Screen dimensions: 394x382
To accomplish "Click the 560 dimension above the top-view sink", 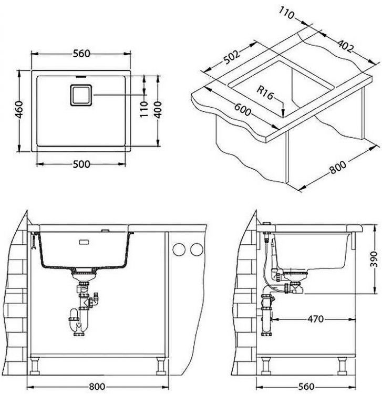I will (81, 54).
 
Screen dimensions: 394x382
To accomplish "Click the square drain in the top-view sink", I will (80, 95).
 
